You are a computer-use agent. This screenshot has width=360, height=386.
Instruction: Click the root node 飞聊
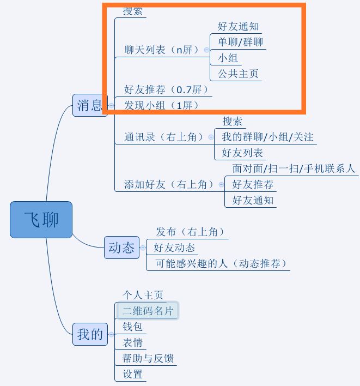[41, 220]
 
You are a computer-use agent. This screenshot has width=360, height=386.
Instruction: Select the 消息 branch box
[90, 105]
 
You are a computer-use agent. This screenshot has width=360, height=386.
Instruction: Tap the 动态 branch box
[121, 248]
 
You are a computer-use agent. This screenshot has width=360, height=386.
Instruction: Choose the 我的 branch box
[90, 334]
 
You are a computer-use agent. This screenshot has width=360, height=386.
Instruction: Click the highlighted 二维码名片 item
[148, 310]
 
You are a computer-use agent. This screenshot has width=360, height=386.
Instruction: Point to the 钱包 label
[132, 327]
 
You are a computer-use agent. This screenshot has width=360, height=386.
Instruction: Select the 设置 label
[132, 374]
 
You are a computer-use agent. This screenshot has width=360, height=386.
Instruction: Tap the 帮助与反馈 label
[148, 358]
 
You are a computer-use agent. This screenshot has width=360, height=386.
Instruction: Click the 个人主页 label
[143, 294]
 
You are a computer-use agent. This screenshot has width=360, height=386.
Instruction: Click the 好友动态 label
[174, 248]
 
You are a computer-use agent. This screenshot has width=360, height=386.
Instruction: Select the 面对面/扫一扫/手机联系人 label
[294, 168]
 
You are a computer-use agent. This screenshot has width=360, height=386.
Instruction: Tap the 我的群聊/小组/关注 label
[267, 137]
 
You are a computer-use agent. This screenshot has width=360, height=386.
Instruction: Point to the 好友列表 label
[242, 153]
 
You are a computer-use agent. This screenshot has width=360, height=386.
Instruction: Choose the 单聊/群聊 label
[240, 42]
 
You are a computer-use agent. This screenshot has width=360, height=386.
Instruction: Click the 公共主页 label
[238, 74]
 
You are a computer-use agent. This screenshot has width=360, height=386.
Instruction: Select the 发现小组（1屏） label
[161, 105]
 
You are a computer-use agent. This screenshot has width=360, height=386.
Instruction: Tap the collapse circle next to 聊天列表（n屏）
[206, 50]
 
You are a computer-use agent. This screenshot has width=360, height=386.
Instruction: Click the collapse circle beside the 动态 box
[143, 248]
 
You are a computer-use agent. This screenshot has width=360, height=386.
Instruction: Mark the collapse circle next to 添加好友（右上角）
[221, 184]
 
